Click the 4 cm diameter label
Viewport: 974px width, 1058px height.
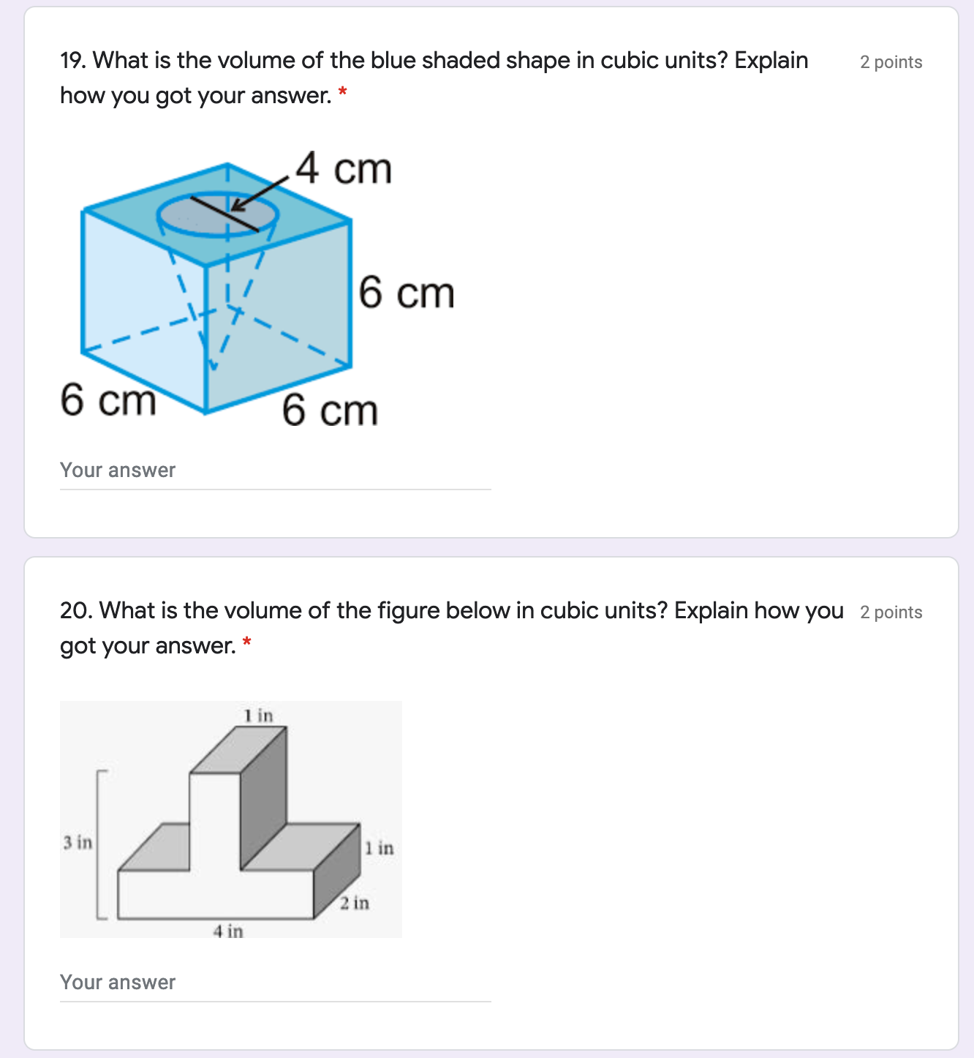[x=344, y=168]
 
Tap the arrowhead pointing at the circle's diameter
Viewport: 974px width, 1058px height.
[x=238, y=204]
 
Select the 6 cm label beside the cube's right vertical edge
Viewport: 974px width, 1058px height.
[x=407, y=292]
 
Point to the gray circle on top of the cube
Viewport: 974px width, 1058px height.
[x=217, y=214]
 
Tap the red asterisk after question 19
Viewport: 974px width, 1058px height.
[x=343, y=91]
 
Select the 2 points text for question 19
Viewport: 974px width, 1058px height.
[x=891, y=62]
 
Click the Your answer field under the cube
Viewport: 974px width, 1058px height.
[x=275, y=471]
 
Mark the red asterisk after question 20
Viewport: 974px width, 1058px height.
[x=247, y=642]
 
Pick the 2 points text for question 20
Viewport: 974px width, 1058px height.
[x=891, y=612]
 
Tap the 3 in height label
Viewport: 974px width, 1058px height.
[x=78, y=842]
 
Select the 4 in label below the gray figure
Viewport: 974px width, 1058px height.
[x=228, y=931]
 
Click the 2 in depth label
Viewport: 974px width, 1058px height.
[x=355, y=903]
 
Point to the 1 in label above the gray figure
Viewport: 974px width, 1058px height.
[x=258, y=716]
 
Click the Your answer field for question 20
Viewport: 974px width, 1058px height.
[x=275, y=983]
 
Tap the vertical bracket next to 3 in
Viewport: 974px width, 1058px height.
[x=97, y=844]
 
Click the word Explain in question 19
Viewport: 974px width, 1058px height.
[x=771, y=61]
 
